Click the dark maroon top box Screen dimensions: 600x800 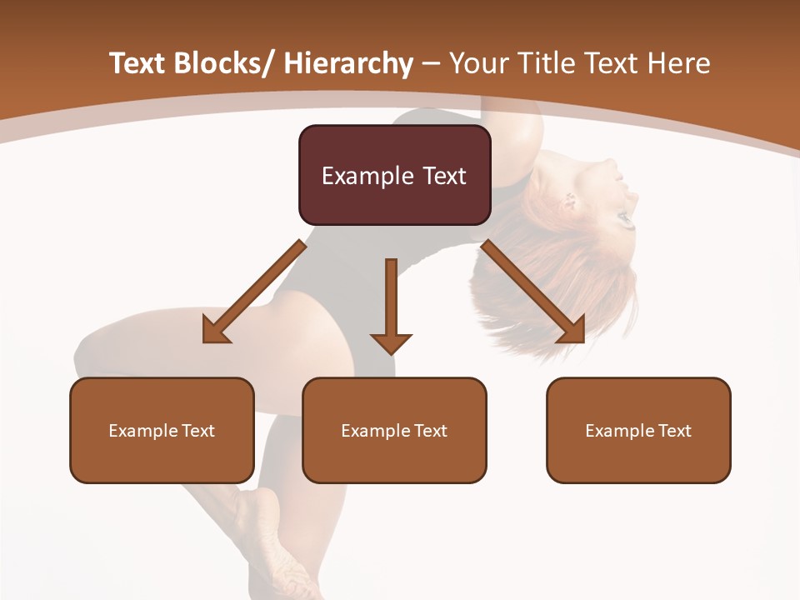pos(394,175)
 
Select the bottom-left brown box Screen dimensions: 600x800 pos(162,430)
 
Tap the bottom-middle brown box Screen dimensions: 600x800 pos(394,430)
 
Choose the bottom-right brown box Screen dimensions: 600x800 pos(638,430)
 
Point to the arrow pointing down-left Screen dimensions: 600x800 pos(253,292)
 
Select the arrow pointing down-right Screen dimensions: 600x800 pos(534,292)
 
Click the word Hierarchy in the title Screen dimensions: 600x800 pos(347,63)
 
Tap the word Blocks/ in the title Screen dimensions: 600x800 pos(221,63)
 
